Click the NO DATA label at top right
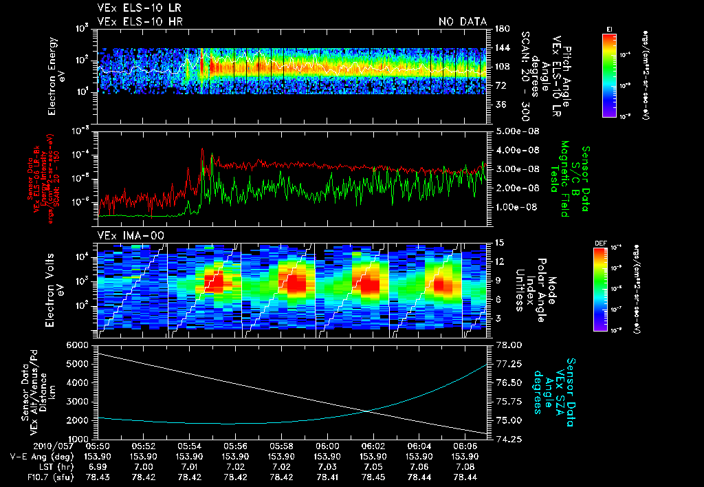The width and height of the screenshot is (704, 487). [463, 21]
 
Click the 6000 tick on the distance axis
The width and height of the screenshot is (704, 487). [82, 344]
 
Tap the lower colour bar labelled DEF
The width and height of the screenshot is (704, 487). [600, 289]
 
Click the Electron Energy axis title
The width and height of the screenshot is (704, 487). [58, 76]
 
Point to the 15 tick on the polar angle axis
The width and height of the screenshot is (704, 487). [496, 242]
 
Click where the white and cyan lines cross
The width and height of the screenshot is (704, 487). [368, 411]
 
